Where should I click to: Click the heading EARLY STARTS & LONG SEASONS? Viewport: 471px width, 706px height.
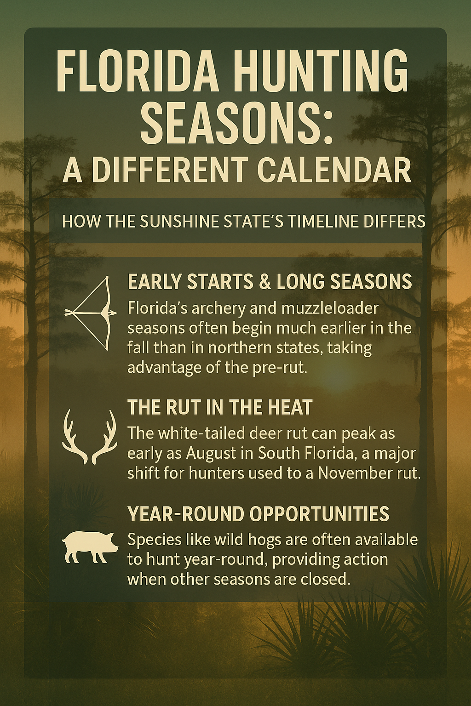[x=270, y=282]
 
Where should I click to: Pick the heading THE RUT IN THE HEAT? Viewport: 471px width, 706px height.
[x=220, y=407]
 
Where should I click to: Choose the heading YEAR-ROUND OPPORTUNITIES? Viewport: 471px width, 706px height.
[x=258, y=514]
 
